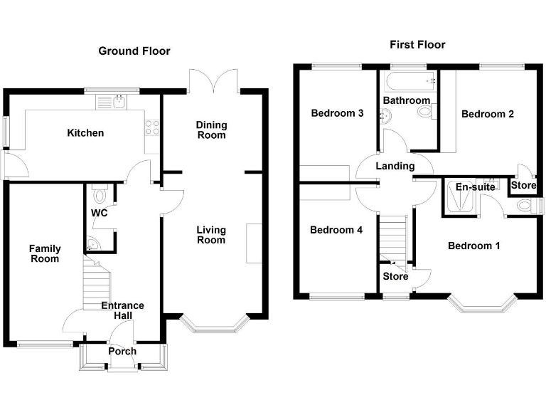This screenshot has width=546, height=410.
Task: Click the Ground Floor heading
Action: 134,51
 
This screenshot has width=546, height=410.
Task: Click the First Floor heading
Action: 417,45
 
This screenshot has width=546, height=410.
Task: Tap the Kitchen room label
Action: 85,133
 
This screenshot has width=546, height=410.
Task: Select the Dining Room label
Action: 210,130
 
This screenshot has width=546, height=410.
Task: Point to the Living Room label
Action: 211,235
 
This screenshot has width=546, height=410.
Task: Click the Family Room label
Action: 45,253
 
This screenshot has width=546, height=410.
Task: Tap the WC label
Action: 99,213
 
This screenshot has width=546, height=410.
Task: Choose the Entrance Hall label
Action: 122,310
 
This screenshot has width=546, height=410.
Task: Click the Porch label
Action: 122,352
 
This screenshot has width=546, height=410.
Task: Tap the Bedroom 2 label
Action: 488,114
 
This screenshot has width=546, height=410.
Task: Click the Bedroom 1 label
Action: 473,246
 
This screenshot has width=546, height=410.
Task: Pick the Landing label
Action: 395,166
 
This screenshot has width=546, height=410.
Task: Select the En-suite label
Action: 476,187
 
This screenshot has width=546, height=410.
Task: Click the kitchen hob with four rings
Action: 152,127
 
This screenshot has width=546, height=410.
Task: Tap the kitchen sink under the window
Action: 120,101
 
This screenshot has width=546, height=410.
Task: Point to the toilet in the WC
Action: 100,194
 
